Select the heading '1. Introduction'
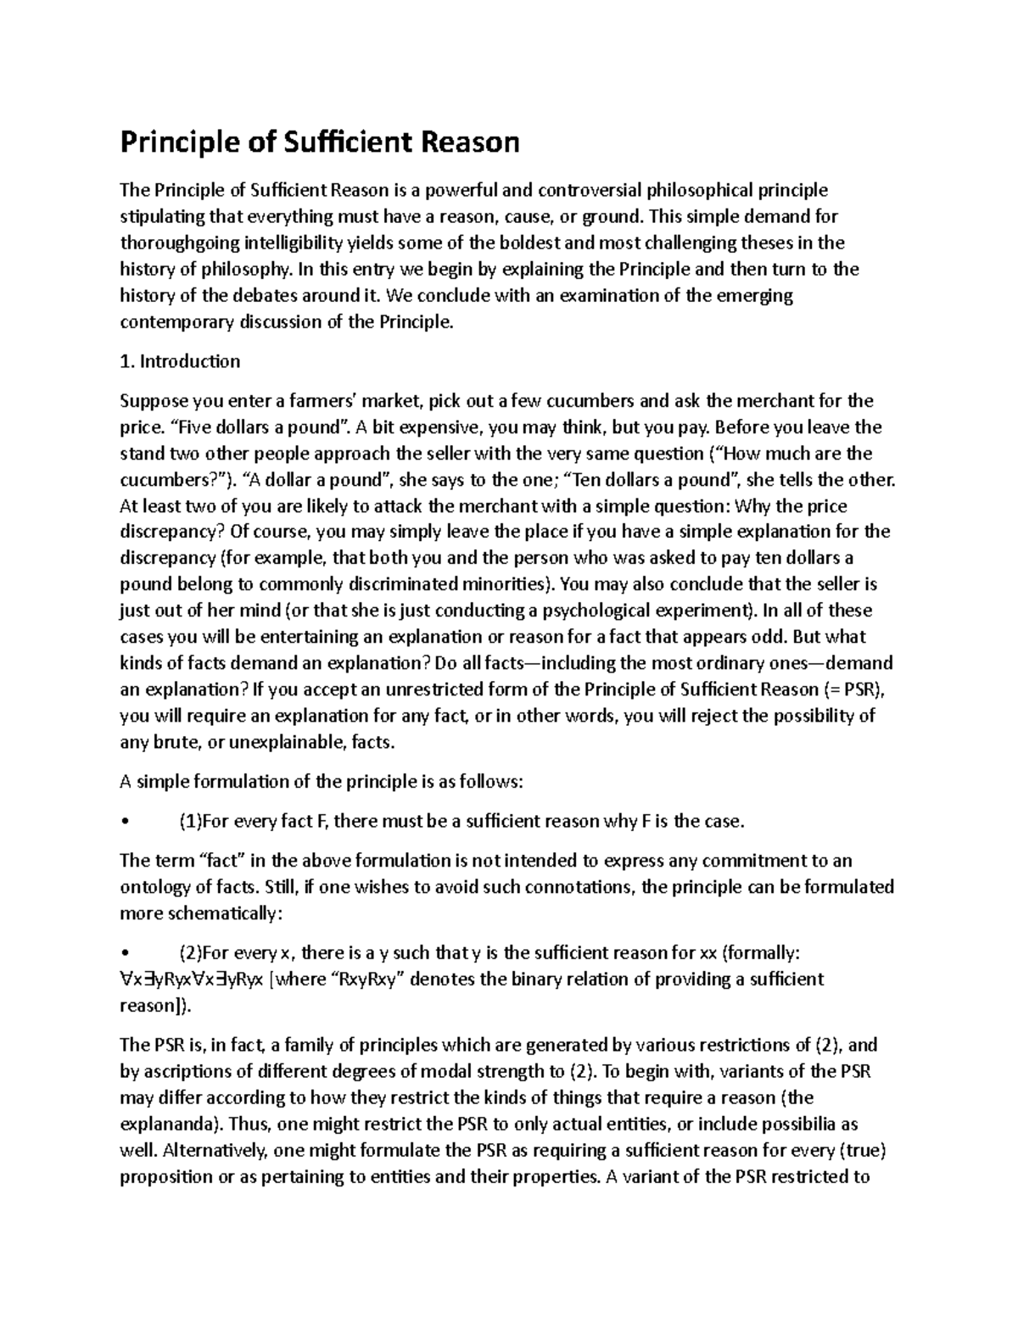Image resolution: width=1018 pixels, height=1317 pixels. pos(180,361)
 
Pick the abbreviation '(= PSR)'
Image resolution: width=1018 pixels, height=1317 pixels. pos(857,689)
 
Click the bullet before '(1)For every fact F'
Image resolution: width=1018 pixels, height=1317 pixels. pos(125,822)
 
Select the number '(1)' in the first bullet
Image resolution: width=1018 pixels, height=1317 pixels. pos(190,821)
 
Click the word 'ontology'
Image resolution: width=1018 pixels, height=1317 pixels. pos(154,887)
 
